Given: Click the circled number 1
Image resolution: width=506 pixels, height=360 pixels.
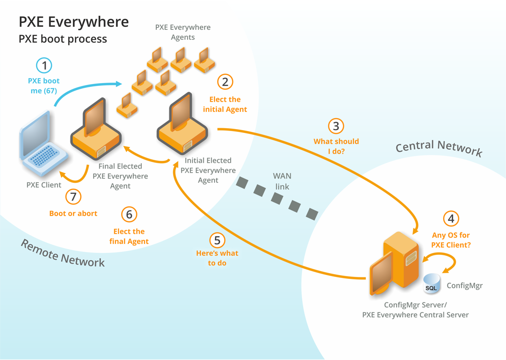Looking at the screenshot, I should (x=44, y=66).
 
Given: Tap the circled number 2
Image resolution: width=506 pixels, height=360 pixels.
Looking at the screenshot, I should (x=225, y=82).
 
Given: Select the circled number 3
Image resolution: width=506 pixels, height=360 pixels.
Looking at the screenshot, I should (x=336, y=126).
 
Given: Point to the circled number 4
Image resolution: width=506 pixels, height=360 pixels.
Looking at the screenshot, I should (x=450, y=219).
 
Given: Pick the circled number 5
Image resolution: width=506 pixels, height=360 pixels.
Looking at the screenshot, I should (x=217, y=240).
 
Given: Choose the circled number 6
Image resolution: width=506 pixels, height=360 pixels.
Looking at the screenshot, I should (x=129, y=214).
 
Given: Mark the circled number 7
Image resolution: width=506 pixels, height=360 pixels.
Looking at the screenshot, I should (x=73, y=196).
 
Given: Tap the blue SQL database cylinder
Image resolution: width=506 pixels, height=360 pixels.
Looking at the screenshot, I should (x=432, y=283).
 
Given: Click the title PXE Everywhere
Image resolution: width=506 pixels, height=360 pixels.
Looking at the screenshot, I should (x=74, y=22).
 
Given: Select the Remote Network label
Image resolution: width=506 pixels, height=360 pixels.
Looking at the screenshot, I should (x=62, y=252).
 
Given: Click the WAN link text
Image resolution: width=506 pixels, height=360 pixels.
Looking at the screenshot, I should (x=282, y=181).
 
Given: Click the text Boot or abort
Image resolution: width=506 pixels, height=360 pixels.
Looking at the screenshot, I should (x=73, y=213).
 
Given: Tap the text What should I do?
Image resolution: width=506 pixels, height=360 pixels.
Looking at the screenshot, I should (x=336, y=146).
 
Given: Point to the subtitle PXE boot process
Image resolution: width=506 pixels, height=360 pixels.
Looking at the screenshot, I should (x=63, y=39).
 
